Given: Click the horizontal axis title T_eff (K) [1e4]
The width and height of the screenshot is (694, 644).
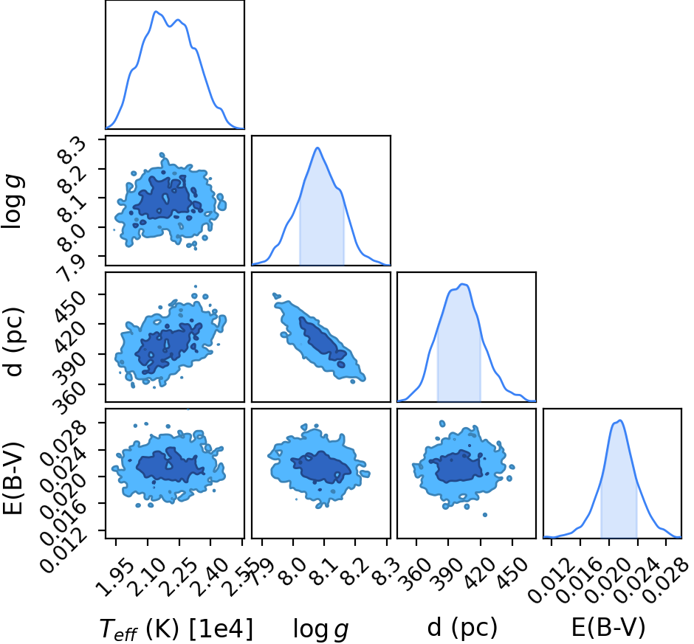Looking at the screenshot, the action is [176, 628].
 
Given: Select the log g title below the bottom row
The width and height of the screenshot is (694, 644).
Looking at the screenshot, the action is [321, 629].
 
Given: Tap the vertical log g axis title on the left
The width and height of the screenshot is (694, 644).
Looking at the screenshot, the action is [13, 201].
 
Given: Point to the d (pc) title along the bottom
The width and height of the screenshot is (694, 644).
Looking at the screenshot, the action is [462, 628].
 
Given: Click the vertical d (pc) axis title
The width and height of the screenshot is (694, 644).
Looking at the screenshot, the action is [13, 341].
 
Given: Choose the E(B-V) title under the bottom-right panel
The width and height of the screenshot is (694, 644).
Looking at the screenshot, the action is [608, 627].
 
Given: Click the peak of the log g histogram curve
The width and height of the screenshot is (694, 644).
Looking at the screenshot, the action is [317, 148].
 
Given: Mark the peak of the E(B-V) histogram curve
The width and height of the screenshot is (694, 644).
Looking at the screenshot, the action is [620, 420].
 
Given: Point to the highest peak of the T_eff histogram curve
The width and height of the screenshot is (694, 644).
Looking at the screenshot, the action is [156, 12].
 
